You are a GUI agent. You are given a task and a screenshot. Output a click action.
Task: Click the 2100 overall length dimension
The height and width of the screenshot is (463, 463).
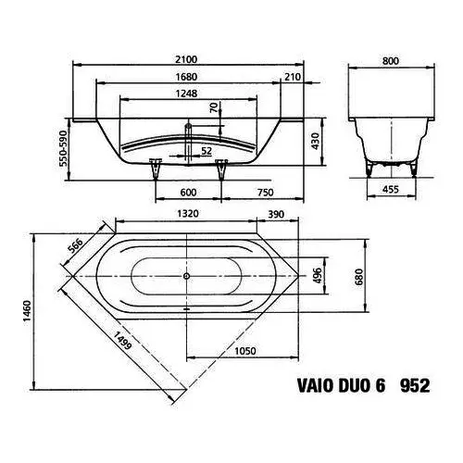[186, 59]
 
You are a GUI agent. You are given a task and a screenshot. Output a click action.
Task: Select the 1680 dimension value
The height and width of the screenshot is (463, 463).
[186, 77]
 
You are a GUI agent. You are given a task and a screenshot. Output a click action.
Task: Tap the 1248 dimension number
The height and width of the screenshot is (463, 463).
[186, 94]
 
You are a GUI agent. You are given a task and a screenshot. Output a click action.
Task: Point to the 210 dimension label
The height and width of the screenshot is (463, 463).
[292, 77]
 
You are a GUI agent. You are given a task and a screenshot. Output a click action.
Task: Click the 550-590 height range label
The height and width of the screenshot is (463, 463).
[63, 148]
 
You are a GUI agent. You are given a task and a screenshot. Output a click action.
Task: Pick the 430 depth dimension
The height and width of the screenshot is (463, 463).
[315, 141]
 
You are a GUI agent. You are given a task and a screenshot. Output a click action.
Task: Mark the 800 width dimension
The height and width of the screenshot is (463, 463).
[391, 61]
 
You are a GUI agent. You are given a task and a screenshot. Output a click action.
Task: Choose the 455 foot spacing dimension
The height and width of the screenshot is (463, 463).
[391, 189]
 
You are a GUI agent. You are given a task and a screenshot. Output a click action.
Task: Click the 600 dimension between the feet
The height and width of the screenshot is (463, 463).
[188, 193]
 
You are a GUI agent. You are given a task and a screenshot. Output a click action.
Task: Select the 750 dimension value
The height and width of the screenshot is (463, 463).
[265, 193]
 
